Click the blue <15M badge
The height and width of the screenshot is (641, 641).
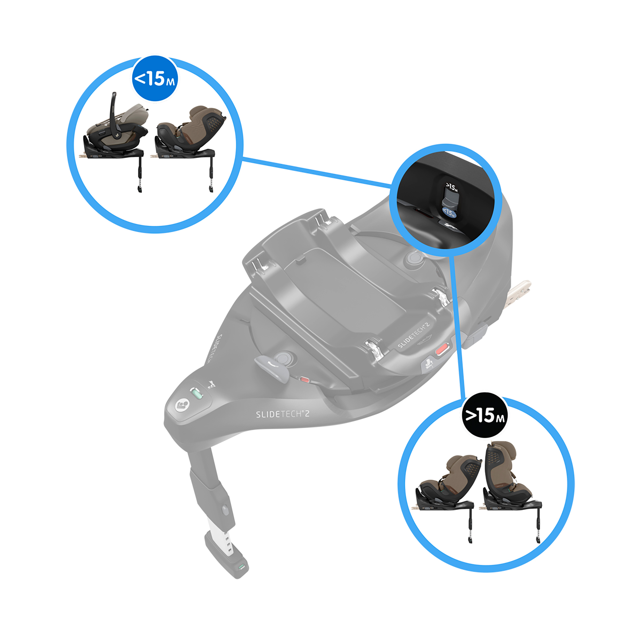point(155,79)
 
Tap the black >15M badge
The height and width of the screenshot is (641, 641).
point(485,415)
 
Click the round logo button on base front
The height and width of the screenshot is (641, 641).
point(182,405)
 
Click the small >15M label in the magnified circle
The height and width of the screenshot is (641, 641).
point(452,187)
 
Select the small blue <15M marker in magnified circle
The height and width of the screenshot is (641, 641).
point(449,213)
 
